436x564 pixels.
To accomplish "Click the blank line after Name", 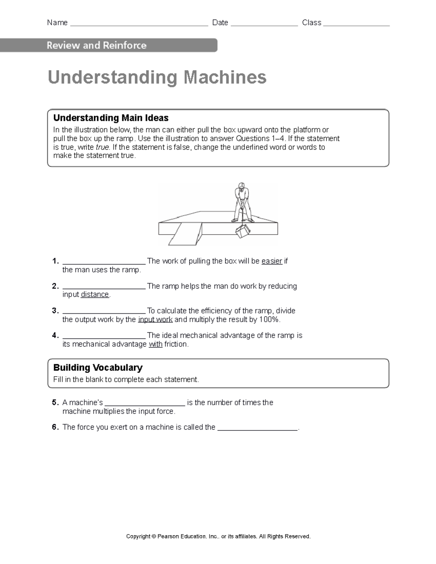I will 139,24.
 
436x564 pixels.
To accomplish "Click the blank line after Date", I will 264,24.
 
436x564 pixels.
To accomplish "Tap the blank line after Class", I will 356,24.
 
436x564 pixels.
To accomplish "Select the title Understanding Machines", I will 157,77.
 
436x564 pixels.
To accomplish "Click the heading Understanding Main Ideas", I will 111,118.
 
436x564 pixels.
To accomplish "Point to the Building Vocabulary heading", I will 98,368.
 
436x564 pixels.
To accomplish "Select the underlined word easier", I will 272,261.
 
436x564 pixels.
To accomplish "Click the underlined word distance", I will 95,295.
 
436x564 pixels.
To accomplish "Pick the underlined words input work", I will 155,320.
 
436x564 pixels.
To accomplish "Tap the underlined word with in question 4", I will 156,344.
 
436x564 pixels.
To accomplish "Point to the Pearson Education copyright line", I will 218,536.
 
